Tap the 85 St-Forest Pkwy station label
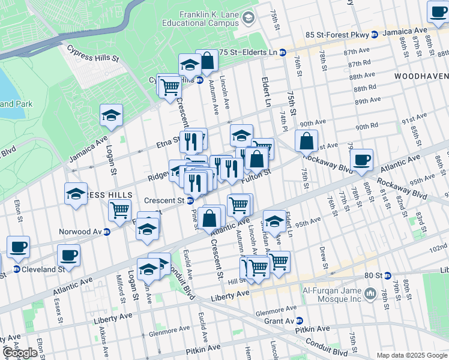coord(337,35)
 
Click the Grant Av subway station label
coord(280,321)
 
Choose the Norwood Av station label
coord(80,232)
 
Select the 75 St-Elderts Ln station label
coord(252,52)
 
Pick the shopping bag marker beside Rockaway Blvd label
coord(306,142)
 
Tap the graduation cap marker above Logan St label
coord(111,115)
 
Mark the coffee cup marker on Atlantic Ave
coord(361,160)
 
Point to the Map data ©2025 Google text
coord(411,355)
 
